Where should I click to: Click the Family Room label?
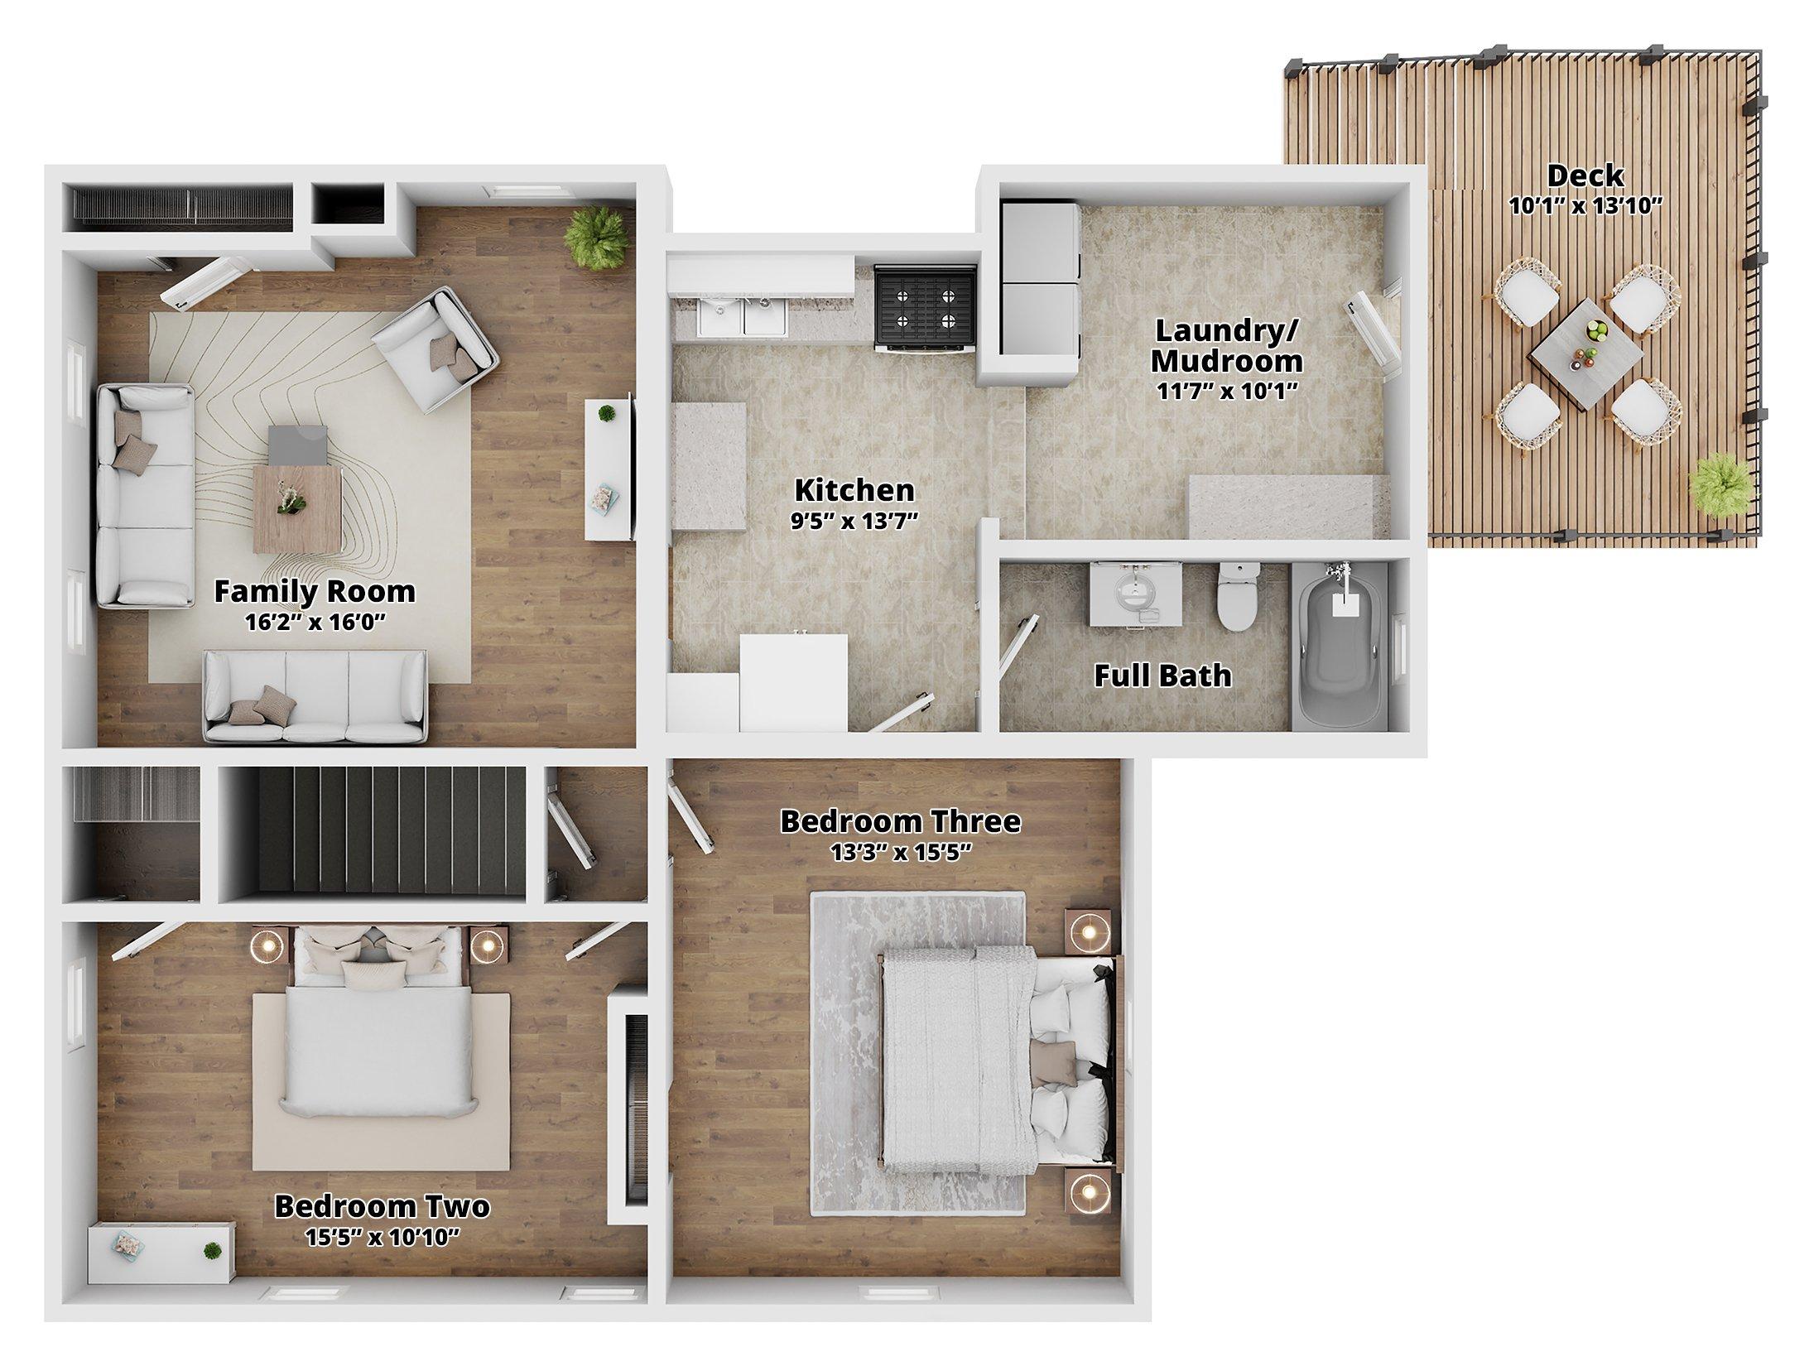315,591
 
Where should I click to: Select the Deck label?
1585,176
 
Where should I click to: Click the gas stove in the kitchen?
926,309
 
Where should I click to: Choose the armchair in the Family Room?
435,349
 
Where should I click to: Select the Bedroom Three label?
900,821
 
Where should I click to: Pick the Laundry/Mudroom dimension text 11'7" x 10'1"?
1228,392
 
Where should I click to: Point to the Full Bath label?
1162,676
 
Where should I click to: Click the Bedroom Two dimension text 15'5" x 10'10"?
382,1239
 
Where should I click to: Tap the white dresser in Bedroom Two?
161,1253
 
